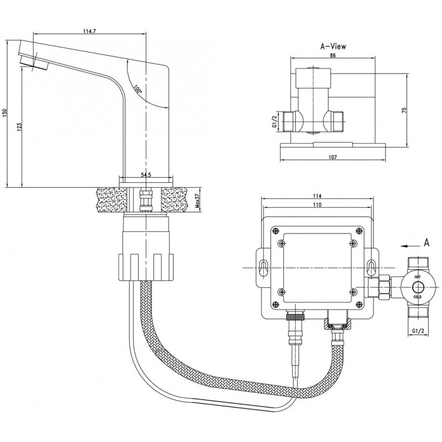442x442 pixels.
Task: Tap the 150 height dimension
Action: coord(6,112)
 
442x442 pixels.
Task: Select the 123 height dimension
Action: coord(20,127)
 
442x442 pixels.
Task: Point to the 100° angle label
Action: coord(137,87)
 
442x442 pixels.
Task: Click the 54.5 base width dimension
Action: coord(146,175)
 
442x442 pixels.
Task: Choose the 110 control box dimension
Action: coord(317,205)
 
